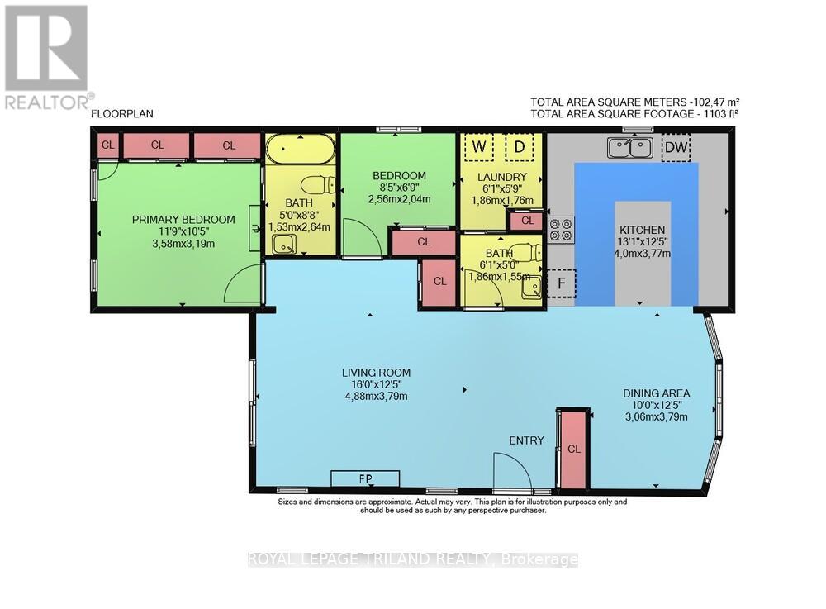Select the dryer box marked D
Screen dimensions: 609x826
(x=520, y=149)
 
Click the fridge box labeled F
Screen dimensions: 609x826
(x=561, y=283)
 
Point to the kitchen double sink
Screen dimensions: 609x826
(x=629, y=148)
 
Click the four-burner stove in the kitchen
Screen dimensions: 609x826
(x=563, y=228)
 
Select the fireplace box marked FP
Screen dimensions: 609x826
(x=365, y=479)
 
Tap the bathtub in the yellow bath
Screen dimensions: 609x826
(x=300, y=150)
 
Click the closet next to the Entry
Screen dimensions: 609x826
(x=573, y=448)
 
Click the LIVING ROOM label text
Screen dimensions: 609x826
(x=375, y=372)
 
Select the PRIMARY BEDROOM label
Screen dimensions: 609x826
(x=183, y=220)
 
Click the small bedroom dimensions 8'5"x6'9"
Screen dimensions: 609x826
(x=399, y=188)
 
